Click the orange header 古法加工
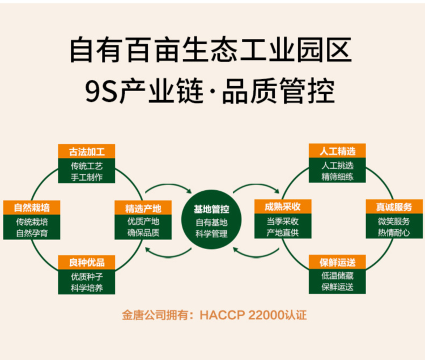coord(87,152)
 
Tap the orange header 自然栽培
coord(32,207)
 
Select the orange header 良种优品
coord(87,263)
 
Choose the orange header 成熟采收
coord(282,208)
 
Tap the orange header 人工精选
coord(337,152)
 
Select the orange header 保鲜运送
coord(337,263)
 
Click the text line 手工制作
coord(87,177)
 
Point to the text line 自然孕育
coord(32,232)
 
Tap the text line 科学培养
coord(87,288)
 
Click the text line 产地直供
coord(282,232)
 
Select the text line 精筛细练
coord(337,177)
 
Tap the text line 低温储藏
coord(337,277)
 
